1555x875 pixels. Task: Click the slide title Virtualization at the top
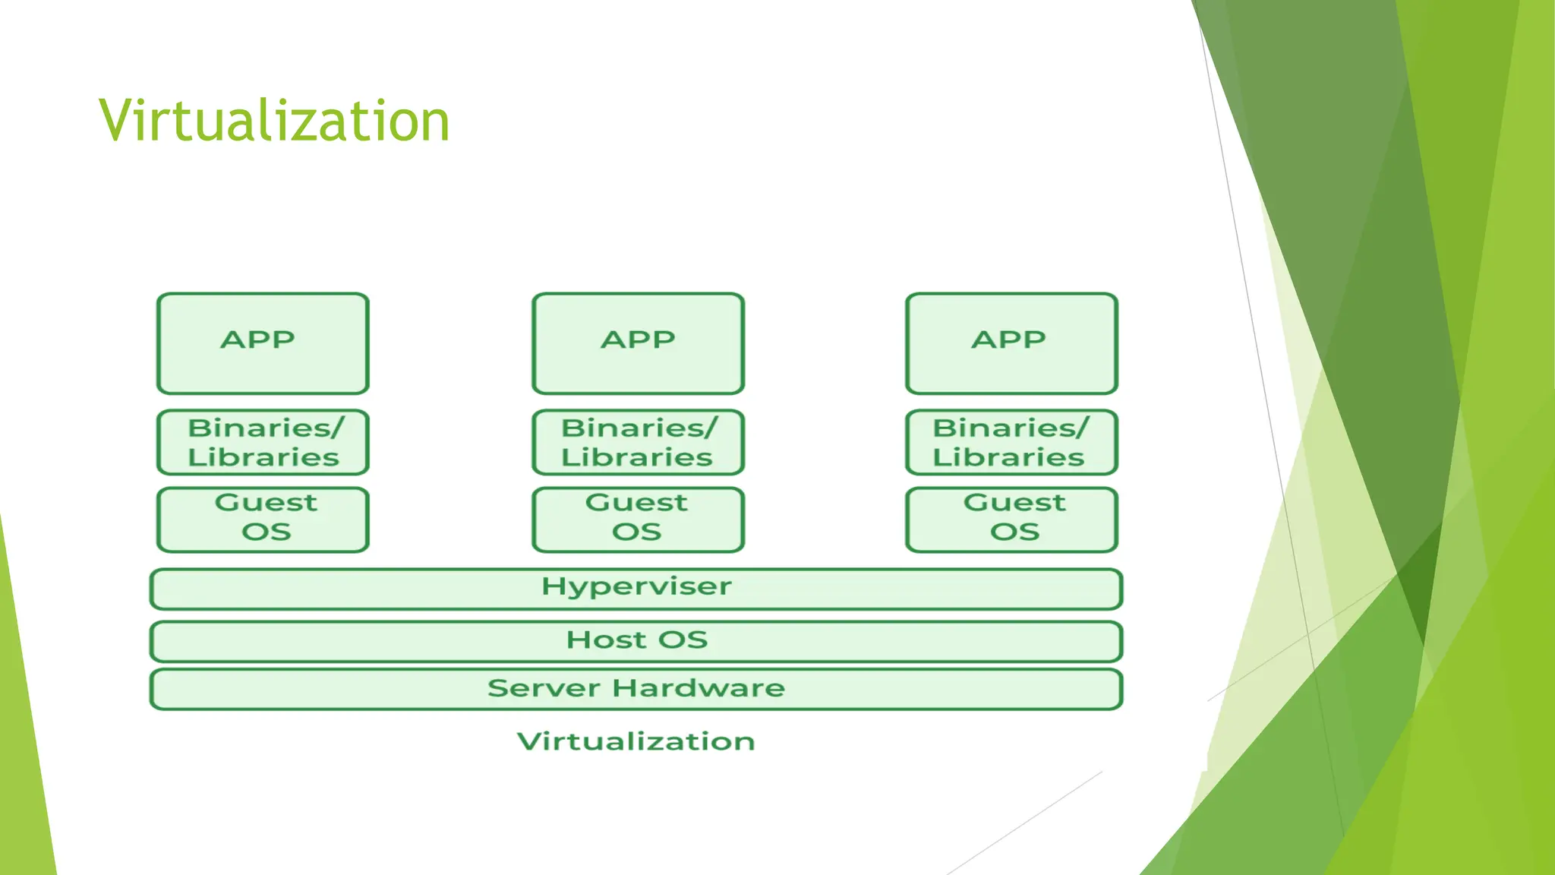pyautogui.click(x=274, y=122)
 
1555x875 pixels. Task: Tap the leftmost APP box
pyautogui.click(x=263, y=343)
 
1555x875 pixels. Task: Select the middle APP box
pyautogui.click(x=638, y=343)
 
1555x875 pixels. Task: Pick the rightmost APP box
pyautogui.click(x=1011, y=343)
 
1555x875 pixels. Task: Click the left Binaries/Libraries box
pyautogui.click(x=263, y=442)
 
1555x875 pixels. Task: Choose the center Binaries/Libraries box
pyautogui.click(x=638, y=442)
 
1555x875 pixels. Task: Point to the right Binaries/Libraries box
pyautogui.click(x=1011, y=442)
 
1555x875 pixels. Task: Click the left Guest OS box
pyautogui.click(x=263, y=520)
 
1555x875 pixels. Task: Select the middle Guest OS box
pyautogui.click(x=638, y=520)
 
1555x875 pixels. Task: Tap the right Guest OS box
pyautogui.click(x=1011, y=520)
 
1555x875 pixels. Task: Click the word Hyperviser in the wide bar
pyautogui.click(x=636, y=587)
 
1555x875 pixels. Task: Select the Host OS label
pyautogui.click(x=636, y=640)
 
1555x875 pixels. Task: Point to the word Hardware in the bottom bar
pyautogui.click(x=699, y=688)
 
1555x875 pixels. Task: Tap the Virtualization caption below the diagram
pyautogui.click(x=636, y=741)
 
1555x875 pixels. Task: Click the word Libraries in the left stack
pyautogui.click(x=263, y=457)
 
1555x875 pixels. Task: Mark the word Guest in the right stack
pyautogui.click(x=1014, y=503)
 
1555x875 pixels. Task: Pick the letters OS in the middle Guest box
pyautogui.click(x=636, y=532)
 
